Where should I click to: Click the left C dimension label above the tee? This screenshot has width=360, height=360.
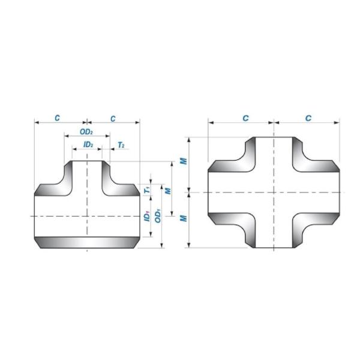click(x=57, y=118)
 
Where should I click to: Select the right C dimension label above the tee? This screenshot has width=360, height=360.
click(x=113, y=118)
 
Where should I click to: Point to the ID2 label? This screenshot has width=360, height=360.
click(x=88, y=145)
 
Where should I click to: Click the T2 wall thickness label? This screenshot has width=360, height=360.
click(x=121, y=145)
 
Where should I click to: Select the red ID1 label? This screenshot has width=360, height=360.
click(x=147, y=215)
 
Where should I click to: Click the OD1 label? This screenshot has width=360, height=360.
click(x=158, y=215)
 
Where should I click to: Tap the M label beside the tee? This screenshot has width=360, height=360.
click(x=169, y=190)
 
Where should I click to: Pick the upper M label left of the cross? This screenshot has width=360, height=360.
click(x=185, y=161)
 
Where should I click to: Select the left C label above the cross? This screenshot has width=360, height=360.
click(x=245, y=118)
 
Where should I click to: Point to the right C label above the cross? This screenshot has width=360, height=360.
click(x=308, y=118)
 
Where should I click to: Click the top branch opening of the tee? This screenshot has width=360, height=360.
click(x=88, y=161)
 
